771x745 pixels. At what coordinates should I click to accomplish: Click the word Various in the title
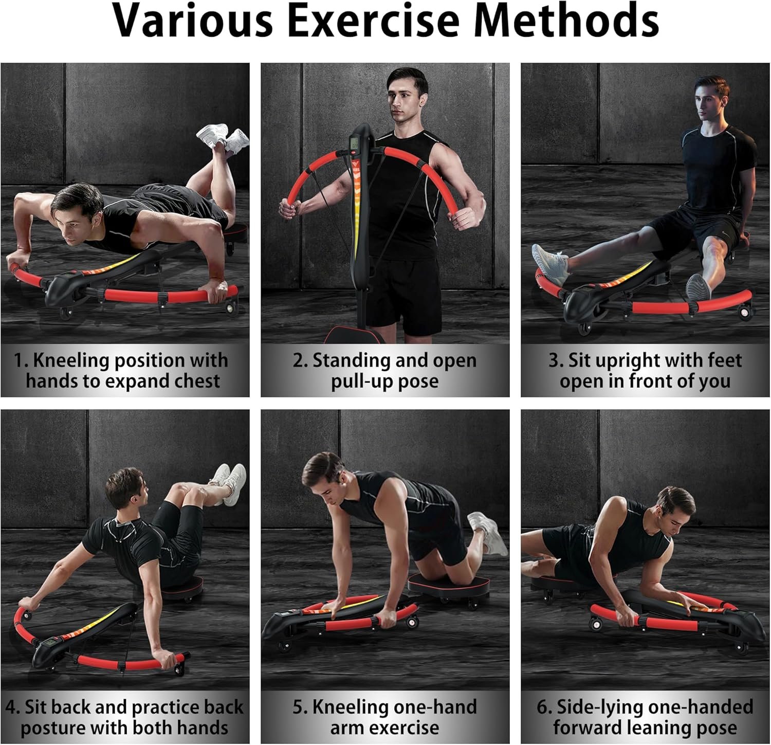(192, 21)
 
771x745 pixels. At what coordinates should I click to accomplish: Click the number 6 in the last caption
(543, 707)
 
